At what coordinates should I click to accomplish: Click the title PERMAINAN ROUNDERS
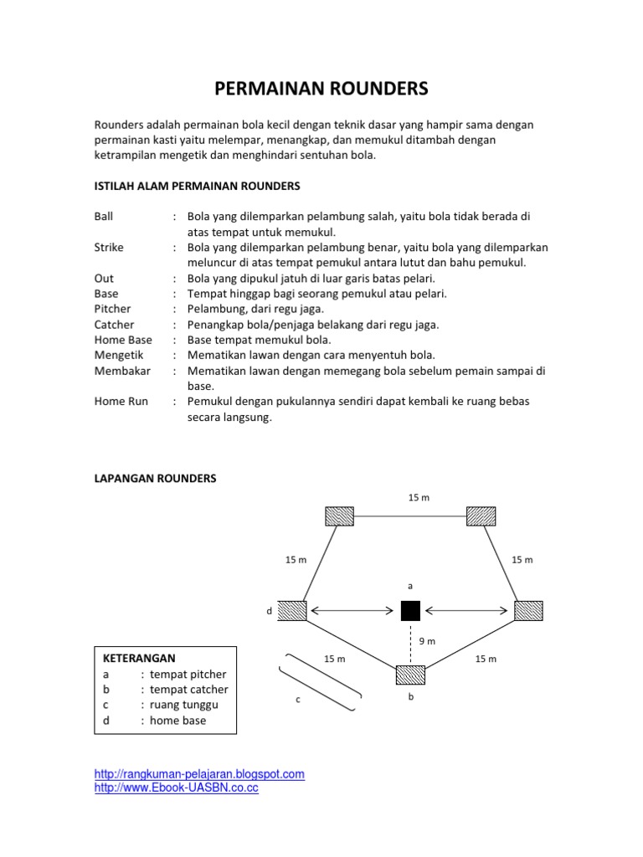[321, 89]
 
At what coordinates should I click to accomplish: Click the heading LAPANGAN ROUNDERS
[155, 478]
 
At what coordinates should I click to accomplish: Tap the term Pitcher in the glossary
[113, 309]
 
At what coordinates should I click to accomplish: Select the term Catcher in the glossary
[114, 324]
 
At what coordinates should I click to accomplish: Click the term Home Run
[121, 401]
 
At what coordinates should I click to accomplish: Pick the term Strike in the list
[109, 247]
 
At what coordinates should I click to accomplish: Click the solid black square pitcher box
[410, 611]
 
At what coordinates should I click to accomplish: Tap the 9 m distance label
[427, 641]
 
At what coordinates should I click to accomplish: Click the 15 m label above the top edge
[419, 498]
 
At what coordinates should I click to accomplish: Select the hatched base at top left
[339, 516]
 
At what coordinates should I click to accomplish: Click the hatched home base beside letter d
[292, 611]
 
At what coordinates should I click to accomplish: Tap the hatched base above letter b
[410, 675]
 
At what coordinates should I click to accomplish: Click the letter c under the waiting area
[298, 700]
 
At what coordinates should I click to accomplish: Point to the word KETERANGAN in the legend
[139, 658]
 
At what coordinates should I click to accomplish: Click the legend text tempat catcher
[188, 690]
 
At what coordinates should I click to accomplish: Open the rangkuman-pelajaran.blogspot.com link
[199, 774]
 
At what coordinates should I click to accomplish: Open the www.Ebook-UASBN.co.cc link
[177, 788]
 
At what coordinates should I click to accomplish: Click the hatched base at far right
[529, 611]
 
